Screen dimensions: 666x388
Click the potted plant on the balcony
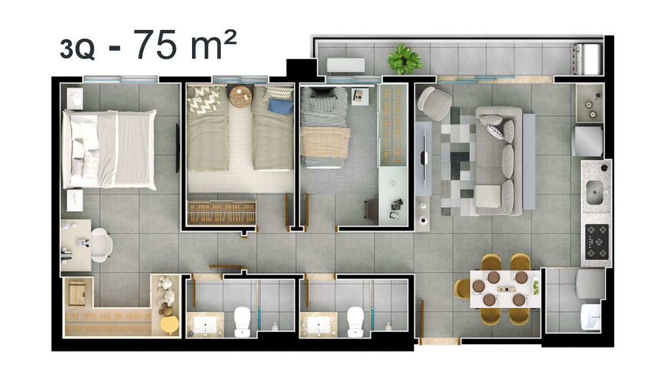click(x=405, y=59)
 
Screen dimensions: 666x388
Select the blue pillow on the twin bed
click(x=281, y=106)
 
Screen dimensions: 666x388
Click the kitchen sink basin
click(x=594, y=193)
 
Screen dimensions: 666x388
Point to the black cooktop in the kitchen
click(x=597, y=241)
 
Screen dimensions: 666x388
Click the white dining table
click(x=505, y=289)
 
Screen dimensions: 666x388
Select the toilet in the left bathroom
click(x=243, y=322)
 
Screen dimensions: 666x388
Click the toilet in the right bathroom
click(x=356, y=322)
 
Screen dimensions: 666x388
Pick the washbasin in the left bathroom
click(x=205, y=325)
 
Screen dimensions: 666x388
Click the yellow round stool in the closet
click(x=169, y=325)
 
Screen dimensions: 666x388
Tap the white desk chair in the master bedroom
click(x=102, y=245)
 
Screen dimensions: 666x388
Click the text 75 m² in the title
click(x=185, y=45)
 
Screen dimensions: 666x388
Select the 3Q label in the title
click(x=77, y=49)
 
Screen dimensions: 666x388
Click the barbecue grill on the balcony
click(x=588, y=59)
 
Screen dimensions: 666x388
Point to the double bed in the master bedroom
click(x=110, y=149)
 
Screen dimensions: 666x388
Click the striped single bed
click(x=325, y=127)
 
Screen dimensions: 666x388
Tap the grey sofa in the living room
click(x=499, y=161)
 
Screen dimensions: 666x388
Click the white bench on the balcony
click(x=346, y=65)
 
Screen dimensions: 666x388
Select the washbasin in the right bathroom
click(x=319, y=325)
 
